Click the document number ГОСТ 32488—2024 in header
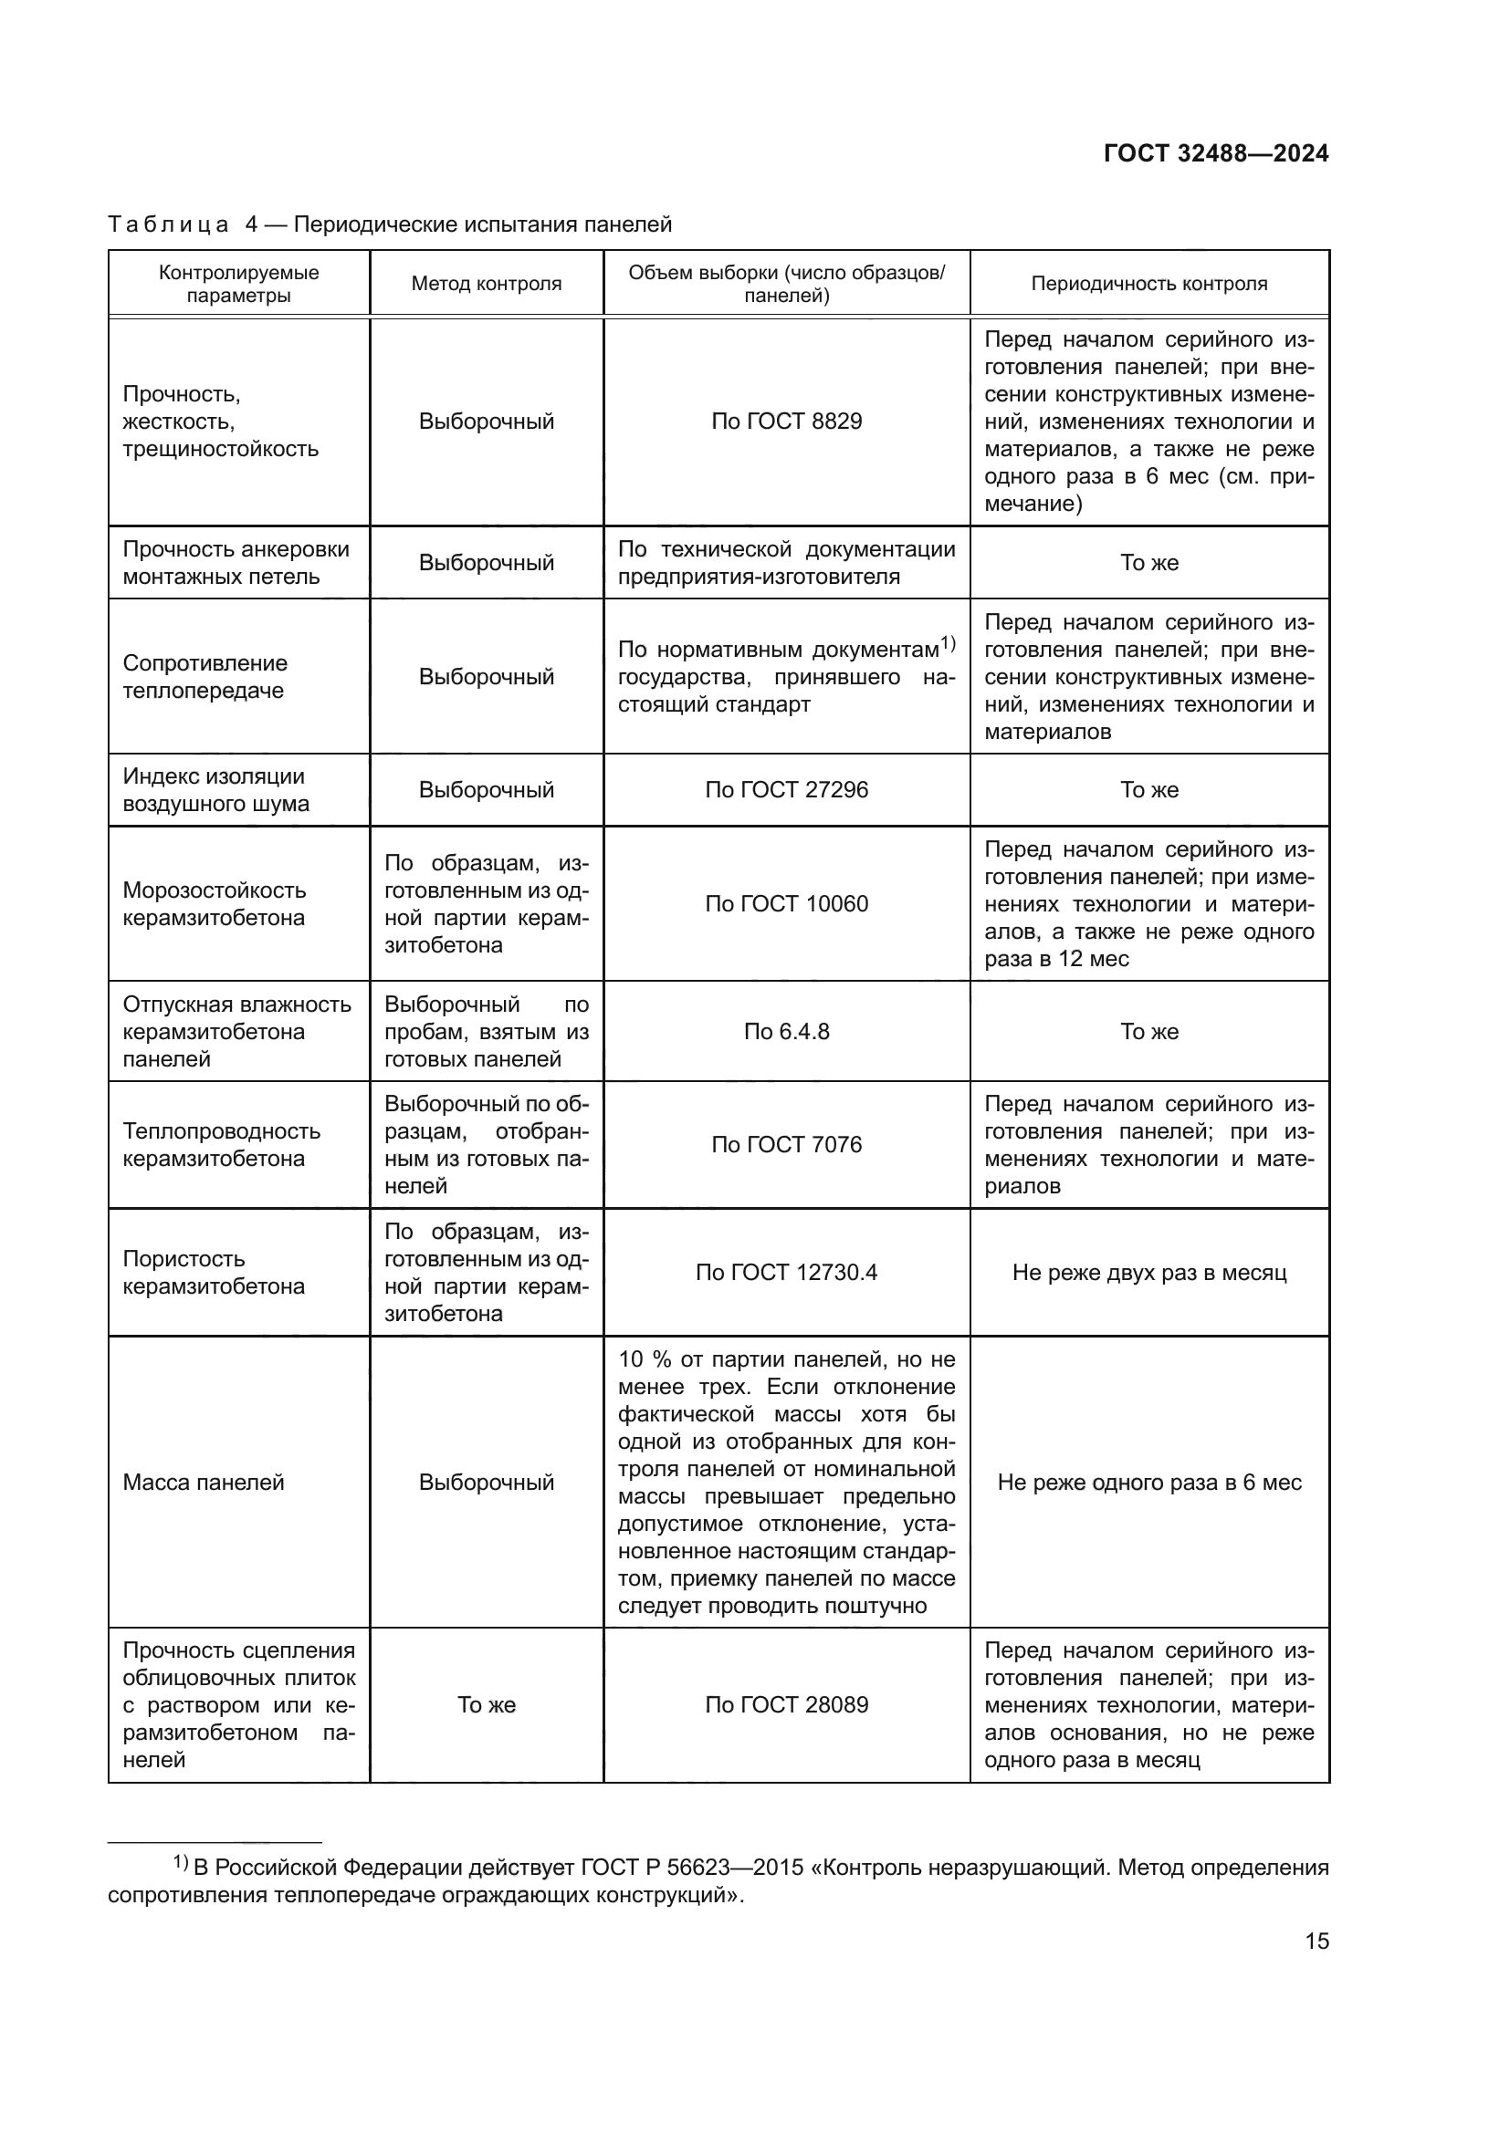tap(1215, 154)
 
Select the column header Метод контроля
tap(487, 284)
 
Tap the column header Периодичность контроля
tap(1149, 284)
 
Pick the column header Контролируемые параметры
tap(239, 284)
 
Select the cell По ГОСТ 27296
tap(787, 789)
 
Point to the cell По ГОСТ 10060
tap(787, 903)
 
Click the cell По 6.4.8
tap(787, 1031)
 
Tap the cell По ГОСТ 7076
tap(787, 1144)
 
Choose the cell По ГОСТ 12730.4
tap(787, 1272)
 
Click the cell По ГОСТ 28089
tap(787, 1704)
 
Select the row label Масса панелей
tap(204, 1483)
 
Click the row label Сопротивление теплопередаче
tap(205, 677)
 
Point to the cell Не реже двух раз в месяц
tap(1149, 1272)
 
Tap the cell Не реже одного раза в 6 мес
tap(1149, 1483)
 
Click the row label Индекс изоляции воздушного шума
tap(215, 789)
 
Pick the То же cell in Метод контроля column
tap(487, 1704)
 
